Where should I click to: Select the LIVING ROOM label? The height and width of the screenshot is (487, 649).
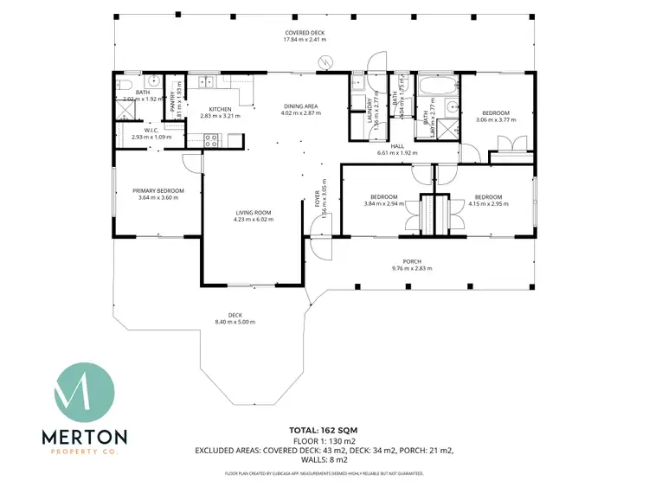[x=254, y=213]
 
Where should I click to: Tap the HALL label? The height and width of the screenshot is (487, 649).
[x=397, y=146]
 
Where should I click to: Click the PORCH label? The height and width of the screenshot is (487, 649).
[x=412, y=261]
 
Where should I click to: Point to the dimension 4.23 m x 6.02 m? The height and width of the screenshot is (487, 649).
[x=254, y=220]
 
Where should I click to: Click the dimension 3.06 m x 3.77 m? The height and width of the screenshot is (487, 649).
[x=496, y=120]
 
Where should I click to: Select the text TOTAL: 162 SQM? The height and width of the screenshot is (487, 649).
[x=324, y=430]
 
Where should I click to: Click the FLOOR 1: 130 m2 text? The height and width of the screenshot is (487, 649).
[x=324, y=440]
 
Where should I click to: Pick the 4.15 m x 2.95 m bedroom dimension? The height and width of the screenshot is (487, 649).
[x=489, y=203]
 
